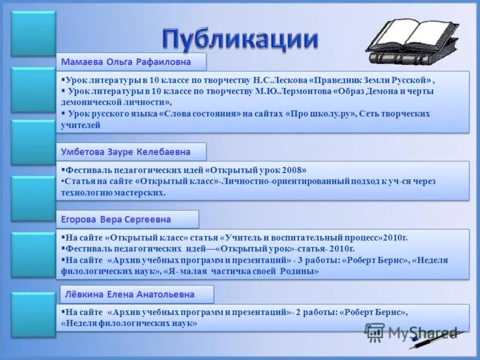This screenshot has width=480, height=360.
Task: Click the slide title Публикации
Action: click(239, 38)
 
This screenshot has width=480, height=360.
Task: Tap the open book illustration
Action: click(408, 42)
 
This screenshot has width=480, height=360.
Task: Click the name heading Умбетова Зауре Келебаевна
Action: click(126, 152)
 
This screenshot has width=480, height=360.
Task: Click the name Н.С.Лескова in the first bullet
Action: click(280, 80)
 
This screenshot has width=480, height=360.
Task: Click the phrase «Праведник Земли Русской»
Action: click(371, 80)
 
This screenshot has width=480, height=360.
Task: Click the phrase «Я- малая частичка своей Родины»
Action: click(241, 271)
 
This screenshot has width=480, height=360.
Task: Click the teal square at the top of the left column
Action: click(34, 34)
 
